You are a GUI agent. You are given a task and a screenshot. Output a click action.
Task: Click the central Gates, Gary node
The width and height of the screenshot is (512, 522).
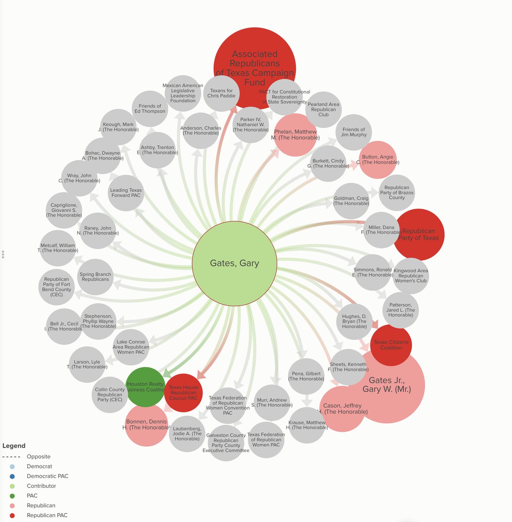pos(234,263)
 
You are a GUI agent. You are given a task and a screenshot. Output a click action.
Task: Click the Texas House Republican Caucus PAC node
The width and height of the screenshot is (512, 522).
pos(183,393)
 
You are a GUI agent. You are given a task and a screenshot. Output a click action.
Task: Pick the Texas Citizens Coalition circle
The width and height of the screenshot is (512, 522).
pos(391,345)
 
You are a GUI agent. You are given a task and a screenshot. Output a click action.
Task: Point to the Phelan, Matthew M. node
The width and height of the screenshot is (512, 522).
pos(296,135)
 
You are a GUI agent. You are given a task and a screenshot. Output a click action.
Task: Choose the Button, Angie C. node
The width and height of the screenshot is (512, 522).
pos(378,160)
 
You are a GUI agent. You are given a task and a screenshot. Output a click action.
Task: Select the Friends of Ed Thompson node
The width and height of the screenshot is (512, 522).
pos(150,109)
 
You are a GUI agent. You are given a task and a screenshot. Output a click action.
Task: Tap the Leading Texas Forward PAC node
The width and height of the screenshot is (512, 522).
pos(126,193)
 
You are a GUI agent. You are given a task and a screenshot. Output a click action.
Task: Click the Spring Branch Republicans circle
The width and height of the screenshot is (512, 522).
pos(96,277)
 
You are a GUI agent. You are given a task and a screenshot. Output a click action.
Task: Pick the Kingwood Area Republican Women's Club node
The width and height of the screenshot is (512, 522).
pos(411,276)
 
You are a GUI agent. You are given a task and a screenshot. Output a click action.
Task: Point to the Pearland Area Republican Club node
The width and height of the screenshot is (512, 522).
pos(323,110)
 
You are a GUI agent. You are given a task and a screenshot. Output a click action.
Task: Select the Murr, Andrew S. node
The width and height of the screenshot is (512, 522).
pos(272,403)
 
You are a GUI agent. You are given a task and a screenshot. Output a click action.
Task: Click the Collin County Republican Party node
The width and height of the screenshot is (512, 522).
pos(110,395)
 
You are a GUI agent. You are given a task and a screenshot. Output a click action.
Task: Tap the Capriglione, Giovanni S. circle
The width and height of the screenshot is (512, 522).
pos(64,211)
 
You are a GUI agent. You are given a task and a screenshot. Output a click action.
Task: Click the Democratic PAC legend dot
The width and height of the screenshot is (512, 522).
pos(12,476)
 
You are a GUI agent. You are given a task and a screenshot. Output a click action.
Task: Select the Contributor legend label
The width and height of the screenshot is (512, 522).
pos(41,486)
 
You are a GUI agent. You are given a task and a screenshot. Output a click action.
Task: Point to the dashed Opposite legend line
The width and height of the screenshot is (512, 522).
pos(11,457)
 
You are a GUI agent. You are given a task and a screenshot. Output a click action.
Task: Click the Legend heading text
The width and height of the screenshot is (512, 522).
pos(14,446)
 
